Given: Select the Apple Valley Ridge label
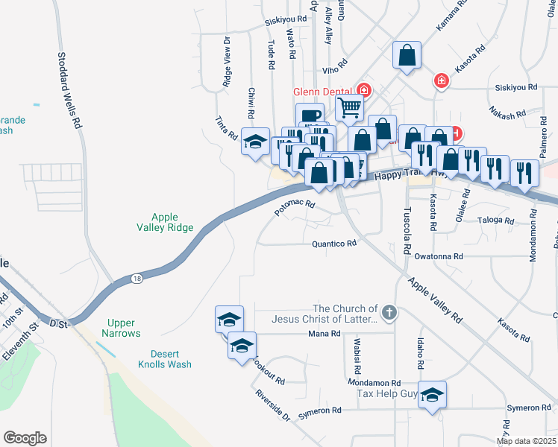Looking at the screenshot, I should pos(165,222).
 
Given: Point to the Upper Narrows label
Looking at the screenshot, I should pos(121,328).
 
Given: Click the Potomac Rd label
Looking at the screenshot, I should pos(295,208).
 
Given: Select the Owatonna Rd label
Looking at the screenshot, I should pos(440,256).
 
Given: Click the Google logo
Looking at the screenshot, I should pos(25,438).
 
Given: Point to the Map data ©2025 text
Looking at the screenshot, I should pos(526,441).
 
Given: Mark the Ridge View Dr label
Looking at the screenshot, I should pos(226,63).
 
